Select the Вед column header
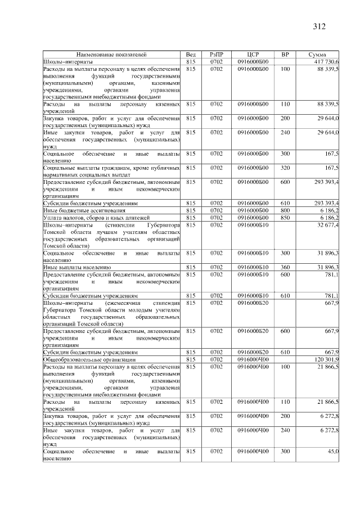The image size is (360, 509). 191,55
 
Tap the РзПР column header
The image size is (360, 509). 217,55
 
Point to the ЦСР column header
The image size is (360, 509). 253,55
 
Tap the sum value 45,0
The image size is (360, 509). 332,452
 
